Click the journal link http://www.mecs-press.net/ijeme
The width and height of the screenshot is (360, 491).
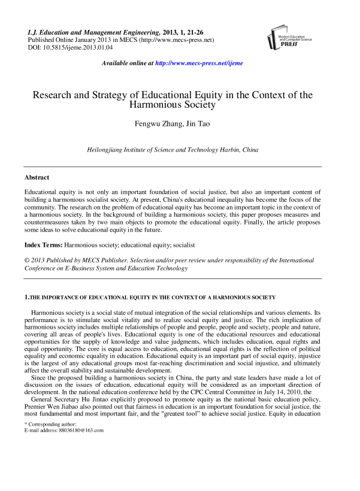[199, 63]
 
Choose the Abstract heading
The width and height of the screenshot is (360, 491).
[37, 178]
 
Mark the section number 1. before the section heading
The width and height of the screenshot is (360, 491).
[26, 297]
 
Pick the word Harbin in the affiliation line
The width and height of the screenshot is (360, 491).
[228, 150]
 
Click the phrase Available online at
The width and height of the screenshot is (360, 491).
[128, 63]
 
